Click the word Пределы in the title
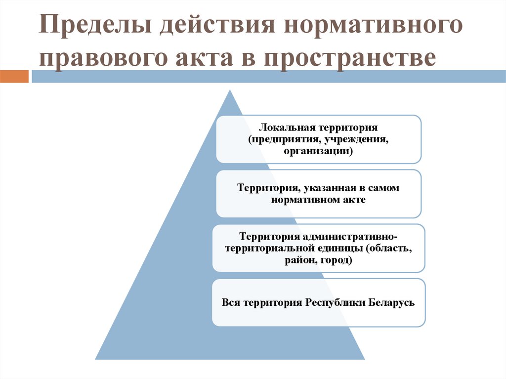pos(94,26)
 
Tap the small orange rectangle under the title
pos(14,77)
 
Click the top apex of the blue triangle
pos(230,91)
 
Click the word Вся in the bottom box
pos(231,302)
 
